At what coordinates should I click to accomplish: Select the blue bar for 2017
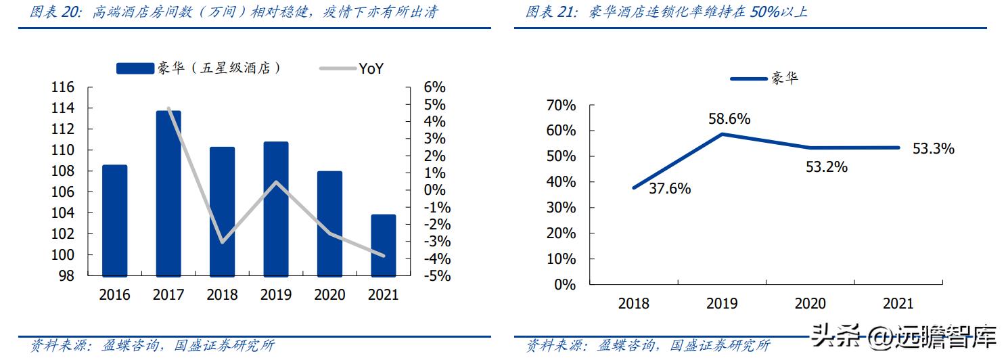pos(168,194)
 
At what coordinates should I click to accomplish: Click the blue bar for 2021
pos(384,246)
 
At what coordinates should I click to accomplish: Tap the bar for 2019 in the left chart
pos(276,209)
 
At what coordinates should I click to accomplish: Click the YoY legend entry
pos(371,68)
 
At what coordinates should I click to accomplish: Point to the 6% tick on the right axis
pos(435,87)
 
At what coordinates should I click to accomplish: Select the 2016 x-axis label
pos(114,295)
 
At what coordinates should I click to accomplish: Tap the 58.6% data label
pos(729,119)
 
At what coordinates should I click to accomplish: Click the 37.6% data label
pos(670,189)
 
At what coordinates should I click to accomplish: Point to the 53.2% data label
pos(827,166)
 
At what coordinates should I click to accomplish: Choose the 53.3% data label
pos(934,149)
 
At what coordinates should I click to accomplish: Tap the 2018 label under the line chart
pos(634,304)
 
